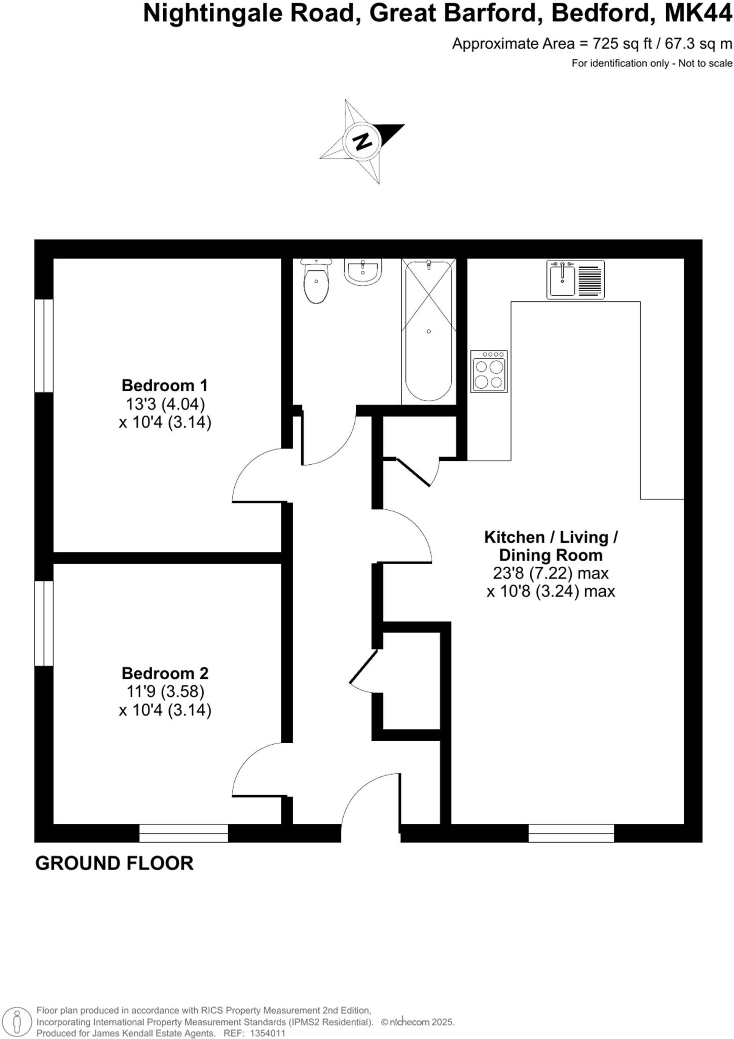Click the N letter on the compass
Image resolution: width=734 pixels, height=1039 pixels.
point(362,141)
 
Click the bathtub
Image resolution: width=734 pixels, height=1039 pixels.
point(428,331)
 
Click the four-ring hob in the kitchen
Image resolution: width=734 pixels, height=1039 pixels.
point(489,371)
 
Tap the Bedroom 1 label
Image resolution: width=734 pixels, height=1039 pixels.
point(165,386)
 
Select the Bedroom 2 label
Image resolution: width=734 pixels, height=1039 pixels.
point(165,673)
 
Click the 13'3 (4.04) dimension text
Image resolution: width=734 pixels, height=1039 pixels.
point(165,404)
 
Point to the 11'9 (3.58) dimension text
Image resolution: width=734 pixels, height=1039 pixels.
point(165,691)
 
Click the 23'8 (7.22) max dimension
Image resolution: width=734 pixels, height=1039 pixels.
point(550,573)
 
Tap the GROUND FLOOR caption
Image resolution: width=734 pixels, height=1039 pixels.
point(115,863)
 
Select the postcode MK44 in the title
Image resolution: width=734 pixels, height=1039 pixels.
point(698,14)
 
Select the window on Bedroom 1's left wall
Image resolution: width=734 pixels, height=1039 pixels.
point(44,345)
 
